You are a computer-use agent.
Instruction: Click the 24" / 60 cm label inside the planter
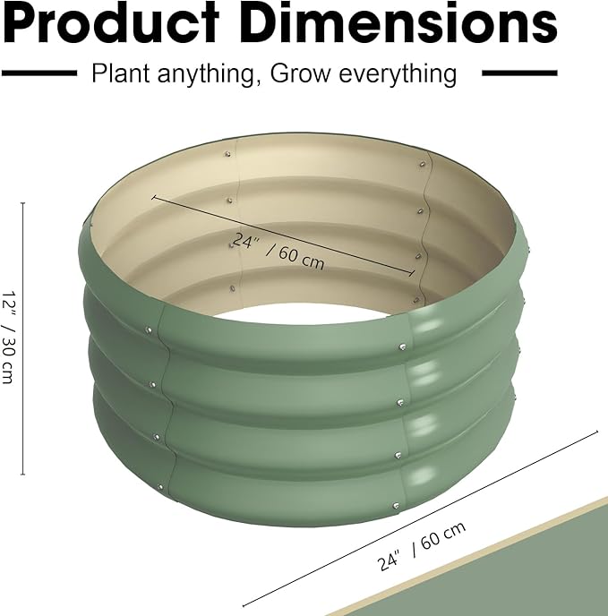[x=278, y=252]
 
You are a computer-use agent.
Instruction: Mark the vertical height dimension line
[x=23, y=340]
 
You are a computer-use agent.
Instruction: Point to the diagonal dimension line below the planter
[x=421, y=520]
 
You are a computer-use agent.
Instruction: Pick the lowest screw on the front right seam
[x=394, y=506]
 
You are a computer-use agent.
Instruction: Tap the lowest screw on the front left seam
[x=162, y=488]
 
